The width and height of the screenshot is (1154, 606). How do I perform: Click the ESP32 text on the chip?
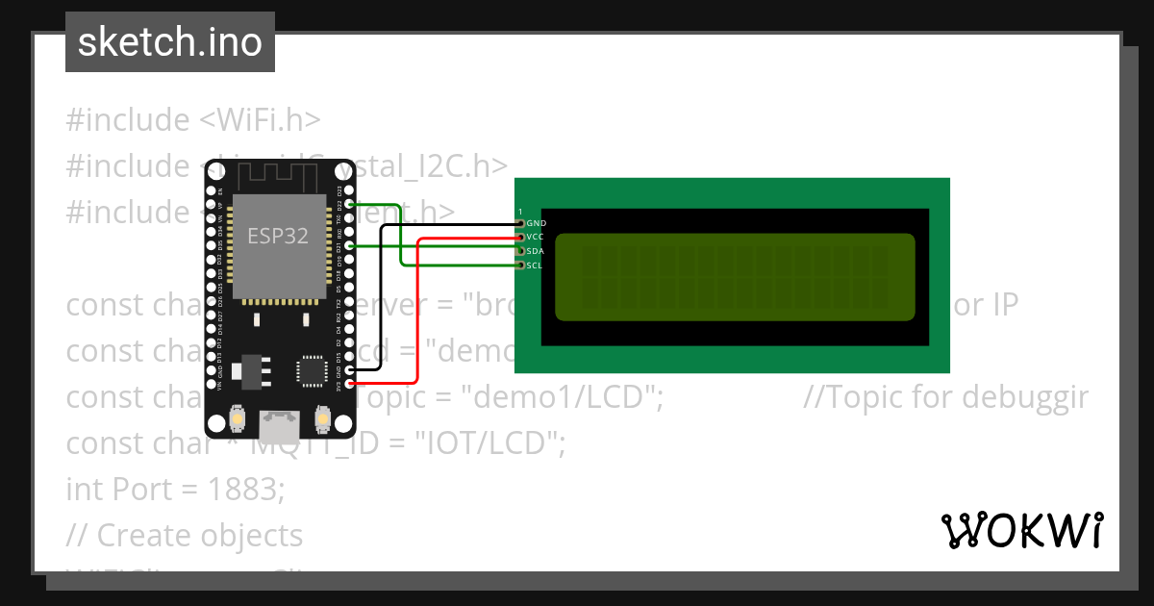(x=278, y=236)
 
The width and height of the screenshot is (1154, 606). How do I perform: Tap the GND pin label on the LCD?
(x=537, y=223)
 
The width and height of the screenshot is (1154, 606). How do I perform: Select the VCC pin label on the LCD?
(x=537, y=237)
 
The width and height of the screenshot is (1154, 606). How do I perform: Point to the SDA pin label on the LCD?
(x=537, y=251)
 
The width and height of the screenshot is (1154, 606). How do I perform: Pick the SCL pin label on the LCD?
(x=536, y=265)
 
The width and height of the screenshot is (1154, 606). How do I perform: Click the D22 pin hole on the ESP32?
(x=349, y=204)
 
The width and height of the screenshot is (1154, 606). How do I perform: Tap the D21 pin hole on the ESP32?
(x=349, y=245)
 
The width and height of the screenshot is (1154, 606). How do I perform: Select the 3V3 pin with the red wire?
(x=349, y=384)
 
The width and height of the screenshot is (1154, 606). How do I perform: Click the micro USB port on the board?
(x=279, y=423)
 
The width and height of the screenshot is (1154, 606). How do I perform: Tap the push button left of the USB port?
(x=237, y=421)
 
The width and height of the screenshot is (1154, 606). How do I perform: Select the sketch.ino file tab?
(x=170, y=42)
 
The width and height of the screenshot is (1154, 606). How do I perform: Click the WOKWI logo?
(x=1021, y=530)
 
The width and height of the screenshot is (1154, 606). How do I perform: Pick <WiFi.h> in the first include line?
(x=260, y=120)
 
